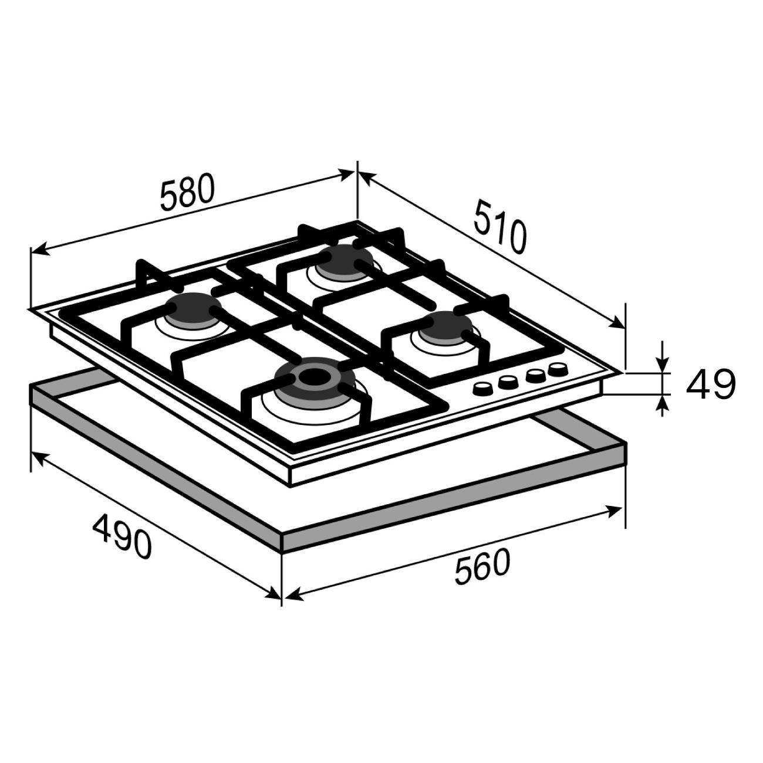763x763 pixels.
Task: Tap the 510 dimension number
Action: [500, 227]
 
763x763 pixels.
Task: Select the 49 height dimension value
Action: [711, 384]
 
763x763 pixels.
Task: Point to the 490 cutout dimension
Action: [121, 536]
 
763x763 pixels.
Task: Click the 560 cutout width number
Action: [482, 567]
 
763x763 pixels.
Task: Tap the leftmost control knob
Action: [482, 389]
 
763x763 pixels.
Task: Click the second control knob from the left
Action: [508, 381]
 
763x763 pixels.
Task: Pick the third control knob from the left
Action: [535, 376]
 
